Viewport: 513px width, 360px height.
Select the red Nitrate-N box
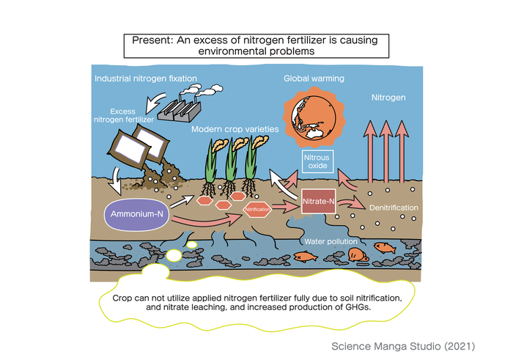(x=319, y=200)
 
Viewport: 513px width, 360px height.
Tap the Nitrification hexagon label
(x=256, y=209)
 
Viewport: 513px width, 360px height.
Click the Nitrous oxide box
(x=317, y=160)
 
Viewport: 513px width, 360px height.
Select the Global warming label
(x=314, y=78)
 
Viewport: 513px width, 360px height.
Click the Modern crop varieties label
(x=235, y=129)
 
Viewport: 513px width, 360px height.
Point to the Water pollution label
(x=331, y=241)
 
